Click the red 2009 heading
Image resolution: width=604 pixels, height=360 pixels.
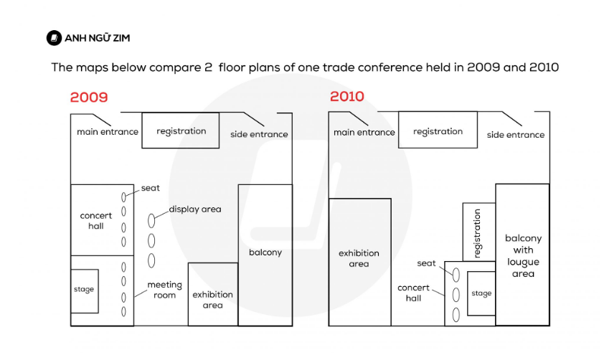click(x=89, y=98)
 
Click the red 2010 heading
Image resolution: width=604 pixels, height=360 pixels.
click(x=347, y=96)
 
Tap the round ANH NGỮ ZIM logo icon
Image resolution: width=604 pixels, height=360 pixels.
click(x=54, y=38)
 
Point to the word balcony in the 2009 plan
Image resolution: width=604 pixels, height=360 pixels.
click(x=265, y=252)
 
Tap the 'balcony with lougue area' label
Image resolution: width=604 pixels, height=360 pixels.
click(x=523, y=256)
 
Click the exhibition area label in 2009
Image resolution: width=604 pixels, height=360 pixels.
click(x=212, y=300)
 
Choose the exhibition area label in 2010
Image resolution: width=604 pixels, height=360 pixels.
click(x=359, y=258)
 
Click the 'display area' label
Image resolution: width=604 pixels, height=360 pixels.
click(x=195, y=209)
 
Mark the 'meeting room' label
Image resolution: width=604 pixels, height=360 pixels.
click(x=164, y=290)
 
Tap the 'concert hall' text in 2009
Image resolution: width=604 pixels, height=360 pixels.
click(x=96, y=221)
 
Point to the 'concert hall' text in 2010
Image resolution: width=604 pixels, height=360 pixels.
click(x=413, y=293)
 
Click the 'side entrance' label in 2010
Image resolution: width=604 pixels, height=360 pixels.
click(x=515, y=135)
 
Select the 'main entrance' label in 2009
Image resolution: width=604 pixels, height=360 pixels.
click(x=108, y=132)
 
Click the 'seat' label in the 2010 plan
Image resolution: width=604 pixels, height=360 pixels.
click(x=426, y=263)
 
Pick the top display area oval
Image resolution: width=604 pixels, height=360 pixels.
click(x=151, y=221)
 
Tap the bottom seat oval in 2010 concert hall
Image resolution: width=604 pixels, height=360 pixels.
click(x=456, y=315)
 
